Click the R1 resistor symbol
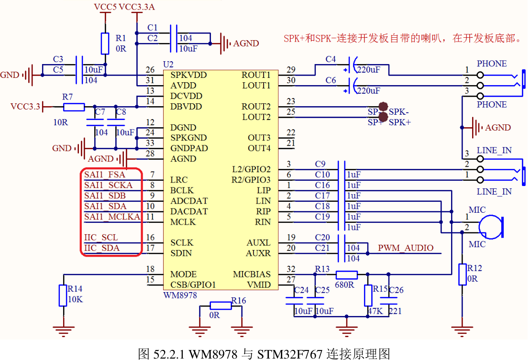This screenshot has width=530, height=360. (x=105, y=44)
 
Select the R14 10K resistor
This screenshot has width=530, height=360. (x=63, y=295)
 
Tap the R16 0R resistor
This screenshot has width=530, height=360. (x=221, y=306)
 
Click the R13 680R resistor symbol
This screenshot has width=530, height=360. (x=346, y=274)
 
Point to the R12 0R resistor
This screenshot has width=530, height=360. (x=462, y=274)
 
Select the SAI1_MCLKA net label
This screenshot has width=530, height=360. (x=112, y=217)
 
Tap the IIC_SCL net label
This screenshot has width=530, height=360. (x=101, y=238)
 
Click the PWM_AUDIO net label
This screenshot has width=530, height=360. (x=406, y=248)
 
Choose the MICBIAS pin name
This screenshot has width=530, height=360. (x=252, y=274)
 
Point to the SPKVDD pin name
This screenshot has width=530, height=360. (x=188, y=75)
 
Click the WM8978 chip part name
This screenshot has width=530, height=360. (x=180, y=295)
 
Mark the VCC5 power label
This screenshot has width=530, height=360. (x=105, y=7)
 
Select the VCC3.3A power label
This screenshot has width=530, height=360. (x=136, y=7)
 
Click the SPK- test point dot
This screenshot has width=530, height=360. (x=383, y=107)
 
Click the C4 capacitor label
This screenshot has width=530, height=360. (x=331, y=60)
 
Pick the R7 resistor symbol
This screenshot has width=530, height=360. (x=74, y=107)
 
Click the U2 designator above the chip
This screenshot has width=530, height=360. (x=168, y=65)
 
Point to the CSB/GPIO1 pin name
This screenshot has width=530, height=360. (x=193, y=285)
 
